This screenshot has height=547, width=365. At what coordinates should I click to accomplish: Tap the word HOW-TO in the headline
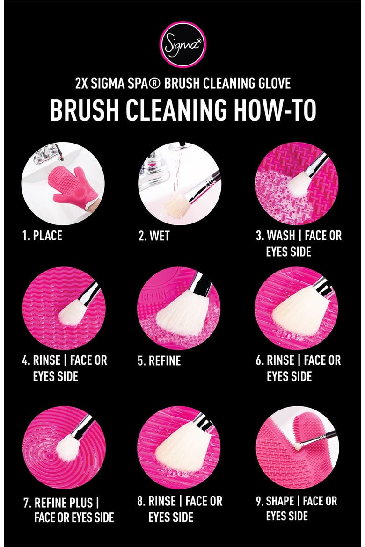275,110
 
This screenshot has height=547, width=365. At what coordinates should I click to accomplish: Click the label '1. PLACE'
42,236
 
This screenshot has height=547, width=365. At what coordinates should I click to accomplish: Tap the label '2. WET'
154,236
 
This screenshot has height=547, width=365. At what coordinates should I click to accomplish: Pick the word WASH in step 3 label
281,236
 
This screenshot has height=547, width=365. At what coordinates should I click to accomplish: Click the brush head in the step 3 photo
298,184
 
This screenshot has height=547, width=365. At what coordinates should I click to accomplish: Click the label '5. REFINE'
159,361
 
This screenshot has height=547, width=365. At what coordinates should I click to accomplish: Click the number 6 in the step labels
259,360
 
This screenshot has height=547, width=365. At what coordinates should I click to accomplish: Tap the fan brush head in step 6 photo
299,309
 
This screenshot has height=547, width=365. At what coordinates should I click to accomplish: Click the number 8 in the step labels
140,501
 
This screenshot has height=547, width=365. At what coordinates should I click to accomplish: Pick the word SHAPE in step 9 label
280,501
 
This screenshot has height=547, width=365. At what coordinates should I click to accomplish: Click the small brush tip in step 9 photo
297,446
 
